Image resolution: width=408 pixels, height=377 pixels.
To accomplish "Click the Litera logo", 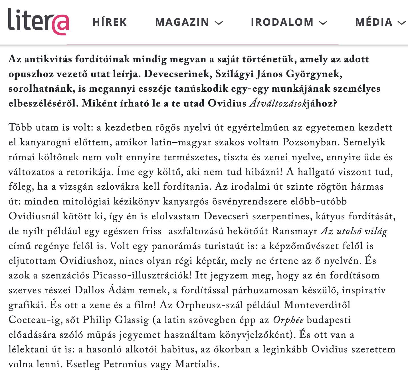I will point(39,21).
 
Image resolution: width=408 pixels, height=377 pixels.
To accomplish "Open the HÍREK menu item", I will point(110,22).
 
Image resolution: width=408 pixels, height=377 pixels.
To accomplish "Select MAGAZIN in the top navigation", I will point(182,22).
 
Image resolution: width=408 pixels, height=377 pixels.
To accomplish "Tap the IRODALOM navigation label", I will point(282,22).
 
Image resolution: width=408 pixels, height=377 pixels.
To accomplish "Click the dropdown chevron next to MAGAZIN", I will point(219,23).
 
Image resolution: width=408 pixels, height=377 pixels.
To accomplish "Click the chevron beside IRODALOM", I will point(323,23).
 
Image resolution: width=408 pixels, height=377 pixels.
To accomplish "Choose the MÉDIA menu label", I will point(374,22).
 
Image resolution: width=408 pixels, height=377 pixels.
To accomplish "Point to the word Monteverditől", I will point(317,305).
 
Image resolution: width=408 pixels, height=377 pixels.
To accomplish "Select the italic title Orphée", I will point(288,320).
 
